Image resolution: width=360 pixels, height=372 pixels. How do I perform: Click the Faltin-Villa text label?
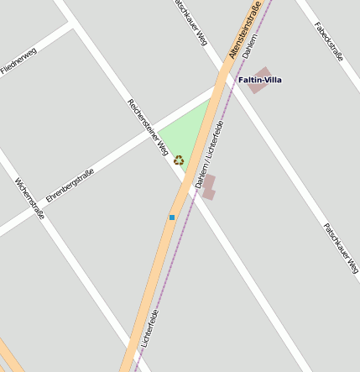pos(260,80)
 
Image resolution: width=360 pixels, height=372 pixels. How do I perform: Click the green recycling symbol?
pos(178,160)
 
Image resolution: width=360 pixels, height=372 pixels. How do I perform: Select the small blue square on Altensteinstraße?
pos(172,217)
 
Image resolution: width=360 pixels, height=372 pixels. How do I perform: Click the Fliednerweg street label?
pos(18,61)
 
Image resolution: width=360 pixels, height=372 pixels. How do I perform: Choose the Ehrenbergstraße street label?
pos(70,186)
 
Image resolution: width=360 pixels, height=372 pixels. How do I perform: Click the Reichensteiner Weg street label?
pos(148,128)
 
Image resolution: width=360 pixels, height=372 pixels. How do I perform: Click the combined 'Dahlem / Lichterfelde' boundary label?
pos(209,154)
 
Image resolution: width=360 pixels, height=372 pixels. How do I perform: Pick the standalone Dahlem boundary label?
pos(249,50)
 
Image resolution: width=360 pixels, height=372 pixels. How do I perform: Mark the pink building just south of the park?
pos(208,187)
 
